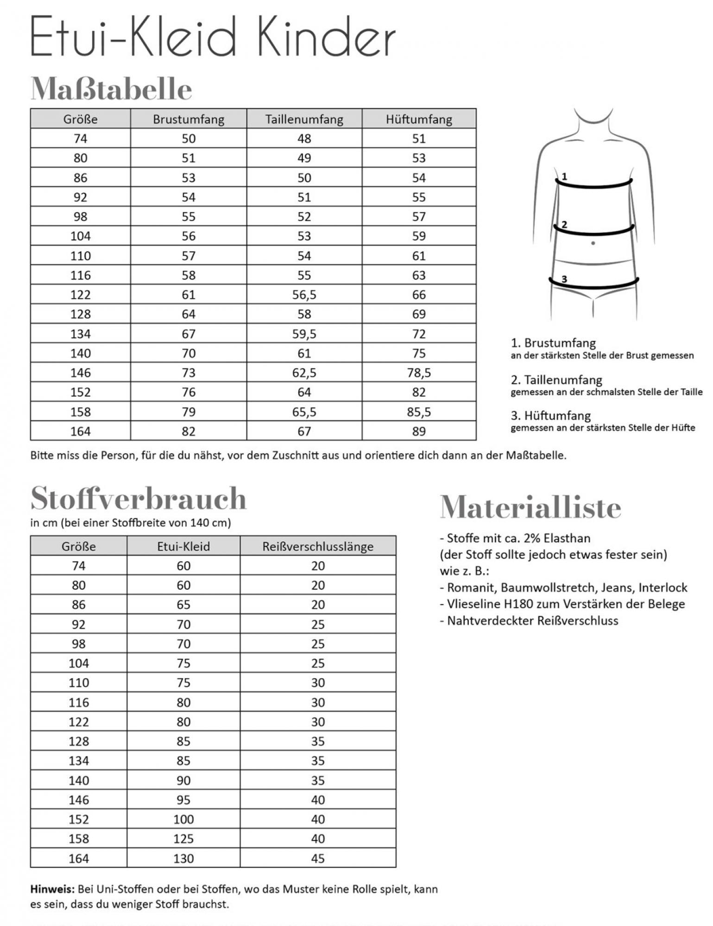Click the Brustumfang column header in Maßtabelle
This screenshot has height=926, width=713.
189,119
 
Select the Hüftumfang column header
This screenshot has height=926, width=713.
419,119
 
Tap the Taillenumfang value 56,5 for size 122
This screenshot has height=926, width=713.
304,295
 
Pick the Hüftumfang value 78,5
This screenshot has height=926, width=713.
419,373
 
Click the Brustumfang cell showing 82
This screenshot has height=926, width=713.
189,432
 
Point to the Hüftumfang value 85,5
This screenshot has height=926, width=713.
419,412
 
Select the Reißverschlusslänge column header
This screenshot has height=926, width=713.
318,546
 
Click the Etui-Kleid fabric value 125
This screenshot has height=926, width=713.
183,838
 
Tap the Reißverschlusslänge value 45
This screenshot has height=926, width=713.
318,858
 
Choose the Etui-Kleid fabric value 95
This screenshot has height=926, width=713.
183,800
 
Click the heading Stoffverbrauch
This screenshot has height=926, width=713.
138,499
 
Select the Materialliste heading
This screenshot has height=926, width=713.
530,507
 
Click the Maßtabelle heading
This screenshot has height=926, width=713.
111,89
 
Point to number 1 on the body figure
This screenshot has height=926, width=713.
564,176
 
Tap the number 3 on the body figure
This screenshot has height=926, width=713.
564,279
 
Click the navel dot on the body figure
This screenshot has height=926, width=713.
593,243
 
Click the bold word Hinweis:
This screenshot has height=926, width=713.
52,889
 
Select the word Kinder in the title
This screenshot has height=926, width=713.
326,37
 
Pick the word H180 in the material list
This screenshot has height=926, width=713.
549,604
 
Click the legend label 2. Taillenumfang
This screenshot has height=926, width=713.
556,380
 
